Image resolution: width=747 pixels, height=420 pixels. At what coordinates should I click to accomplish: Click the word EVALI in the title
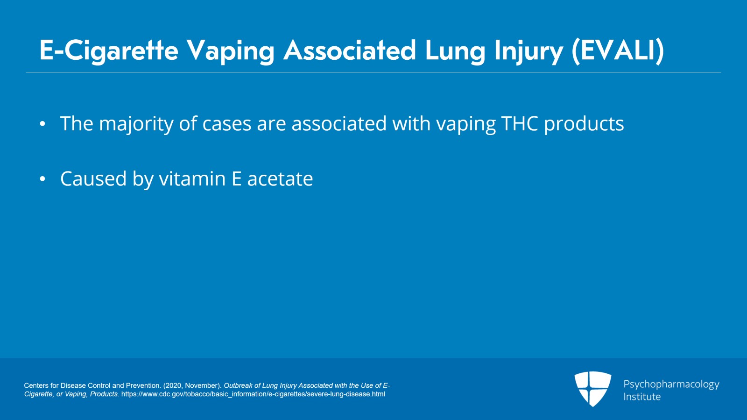[618, 51]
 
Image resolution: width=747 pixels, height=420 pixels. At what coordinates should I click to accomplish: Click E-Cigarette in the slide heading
[109, 51]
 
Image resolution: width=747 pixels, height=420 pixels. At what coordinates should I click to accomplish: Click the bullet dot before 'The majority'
[42, 124]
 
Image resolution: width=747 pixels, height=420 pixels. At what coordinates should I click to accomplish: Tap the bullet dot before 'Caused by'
[42, 179]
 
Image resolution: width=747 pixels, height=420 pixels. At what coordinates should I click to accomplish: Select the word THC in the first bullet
[520, 123]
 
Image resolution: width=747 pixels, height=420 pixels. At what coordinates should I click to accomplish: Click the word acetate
[280, 179]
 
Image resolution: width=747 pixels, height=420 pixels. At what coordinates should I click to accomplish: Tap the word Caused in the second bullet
[93, 178]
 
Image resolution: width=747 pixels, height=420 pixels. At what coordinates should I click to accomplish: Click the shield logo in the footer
[592, 389]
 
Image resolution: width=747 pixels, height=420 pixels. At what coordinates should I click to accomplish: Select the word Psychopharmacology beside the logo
[671, 384]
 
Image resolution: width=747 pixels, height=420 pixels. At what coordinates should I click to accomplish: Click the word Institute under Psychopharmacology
[642, 397]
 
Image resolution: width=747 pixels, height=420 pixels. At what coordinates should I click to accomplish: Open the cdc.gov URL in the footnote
[253, 394]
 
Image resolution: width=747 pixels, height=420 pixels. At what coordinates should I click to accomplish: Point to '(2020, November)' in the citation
[192, 385]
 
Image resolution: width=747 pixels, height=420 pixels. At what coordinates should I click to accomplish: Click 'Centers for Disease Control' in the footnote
[68, 385]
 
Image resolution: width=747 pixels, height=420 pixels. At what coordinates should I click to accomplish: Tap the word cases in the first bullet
[227, 124]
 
